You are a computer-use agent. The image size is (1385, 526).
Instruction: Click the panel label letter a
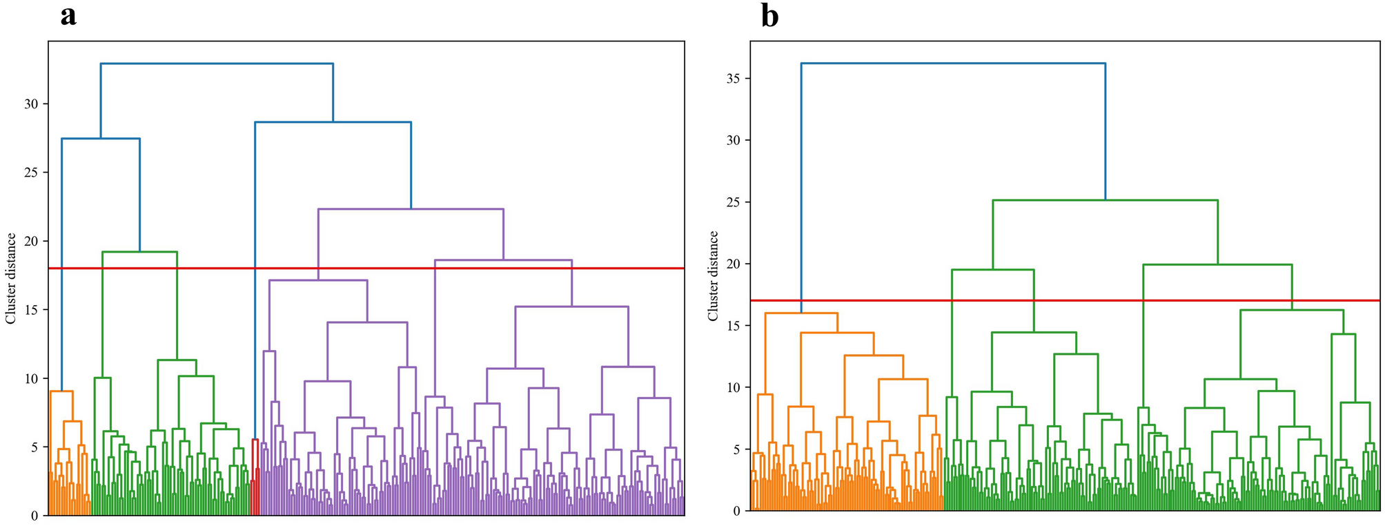(x=68, y=16)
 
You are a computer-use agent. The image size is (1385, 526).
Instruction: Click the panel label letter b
(x=769, y=16)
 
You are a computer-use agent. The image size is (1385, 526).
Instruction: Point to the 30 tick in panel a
(x=31, y=104)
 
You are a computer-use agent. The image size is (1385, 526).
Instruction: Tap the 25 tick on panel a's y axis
(x=31, y=173)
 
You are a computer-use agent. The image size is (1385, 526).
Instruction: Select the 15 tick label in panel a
(x=31, y=310)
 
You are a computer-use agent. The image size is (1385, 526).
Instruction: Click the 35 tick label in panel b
(x=733, y=79)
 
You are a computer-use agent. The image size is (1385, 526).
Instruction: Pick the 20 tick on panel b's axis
(x=733, y=264)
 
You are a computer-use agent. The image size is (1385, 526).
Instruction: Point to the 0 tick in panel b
(x=737, y=512)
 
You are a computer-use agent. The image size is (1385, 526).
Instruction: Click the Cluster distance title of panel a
(x=10, y=278)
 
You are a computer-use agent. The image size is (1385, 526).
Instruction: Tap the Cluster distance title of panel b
(x=713, y=276)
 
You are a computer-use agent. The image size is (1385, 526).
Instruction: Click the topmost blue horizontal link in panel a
(x=217, y=64)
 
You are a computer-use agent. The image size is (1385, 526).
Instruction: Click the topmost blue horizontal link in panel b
(x=952, y=64)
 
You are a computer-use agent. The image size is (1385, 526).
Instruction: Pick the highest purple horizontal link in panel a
(x=411, y=209)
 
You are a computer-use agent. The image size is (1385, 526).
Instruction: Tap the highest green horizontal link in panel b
(x=1105, y=201)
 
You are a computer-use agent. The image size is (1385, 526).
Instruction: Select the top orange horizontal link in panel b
(x=801, y=313)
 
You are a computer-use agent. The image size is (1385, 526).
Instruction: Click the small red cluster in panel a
(x=255, y=483)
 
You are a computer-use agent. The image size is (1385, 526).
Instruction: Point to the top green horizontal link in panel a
(x=139, y=252)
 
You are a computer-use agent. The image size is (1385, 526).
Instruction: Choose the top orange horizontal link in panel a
(x=61, y=391)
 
